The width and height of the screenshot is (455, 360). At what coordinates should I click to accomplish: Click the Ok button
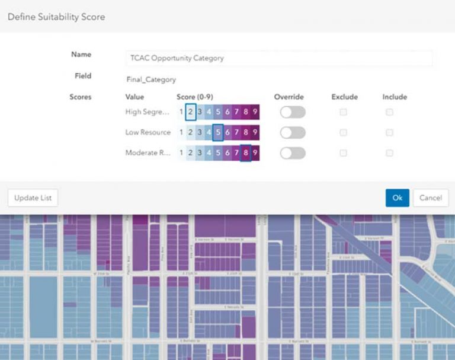(x=397, y=198)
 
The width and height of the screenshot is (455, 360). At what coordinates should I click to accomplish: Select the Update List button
(x=33, y=198)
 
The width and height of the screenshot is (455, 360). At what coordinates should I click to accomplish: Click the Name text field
(x=279, y=58)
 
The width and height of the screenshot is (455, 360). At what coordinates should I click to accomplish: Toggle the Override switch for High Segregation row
(x=293, y=112)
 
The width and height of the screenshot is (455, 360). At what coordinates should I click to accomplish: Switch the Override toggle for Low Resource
(x=293, y=132)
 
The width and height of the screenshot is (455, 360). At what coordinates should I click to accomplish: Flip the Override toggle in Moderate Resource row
(x=293, y=152)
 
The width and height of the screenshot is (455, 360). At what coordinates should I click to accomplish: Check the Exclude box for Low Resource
(x=343, y=132)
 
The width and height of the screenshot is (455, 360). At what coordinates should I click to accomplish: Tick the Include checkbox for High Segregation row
(x=389, y=112)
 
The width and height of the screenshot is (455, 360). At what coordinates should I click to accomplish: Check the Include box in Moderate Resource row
(x=389, y=152)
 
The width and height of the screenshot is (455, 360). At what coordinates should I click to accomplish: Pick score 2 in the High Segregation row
(x=191, y=112)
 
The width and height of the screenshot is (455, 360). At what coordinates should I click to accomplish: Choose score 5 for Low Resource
(x=217, y=132)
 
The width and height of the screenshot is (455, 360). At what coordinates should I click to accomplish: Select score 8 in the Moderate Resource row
(x=245, y=152)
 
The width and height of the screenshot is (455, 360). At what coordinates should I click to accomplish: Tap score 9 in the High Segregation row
(x=255, y=112)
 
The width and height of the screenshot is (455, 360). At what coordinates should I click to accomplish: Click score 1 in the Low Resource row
(x=181, y=132)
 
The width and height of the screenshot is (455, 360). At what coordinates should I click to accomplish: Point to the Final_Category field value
(x=151, y=79)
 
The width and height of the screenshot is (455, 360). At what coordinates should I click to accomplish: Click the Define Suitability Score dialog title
(x=56, y=17)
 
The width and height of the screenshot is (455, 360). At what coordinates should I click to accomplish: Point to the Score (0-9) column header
(x=198, y=97)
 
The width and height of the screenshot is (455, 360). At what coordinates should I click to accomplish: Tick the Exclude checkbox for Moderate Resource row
(x=343, y=152)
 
